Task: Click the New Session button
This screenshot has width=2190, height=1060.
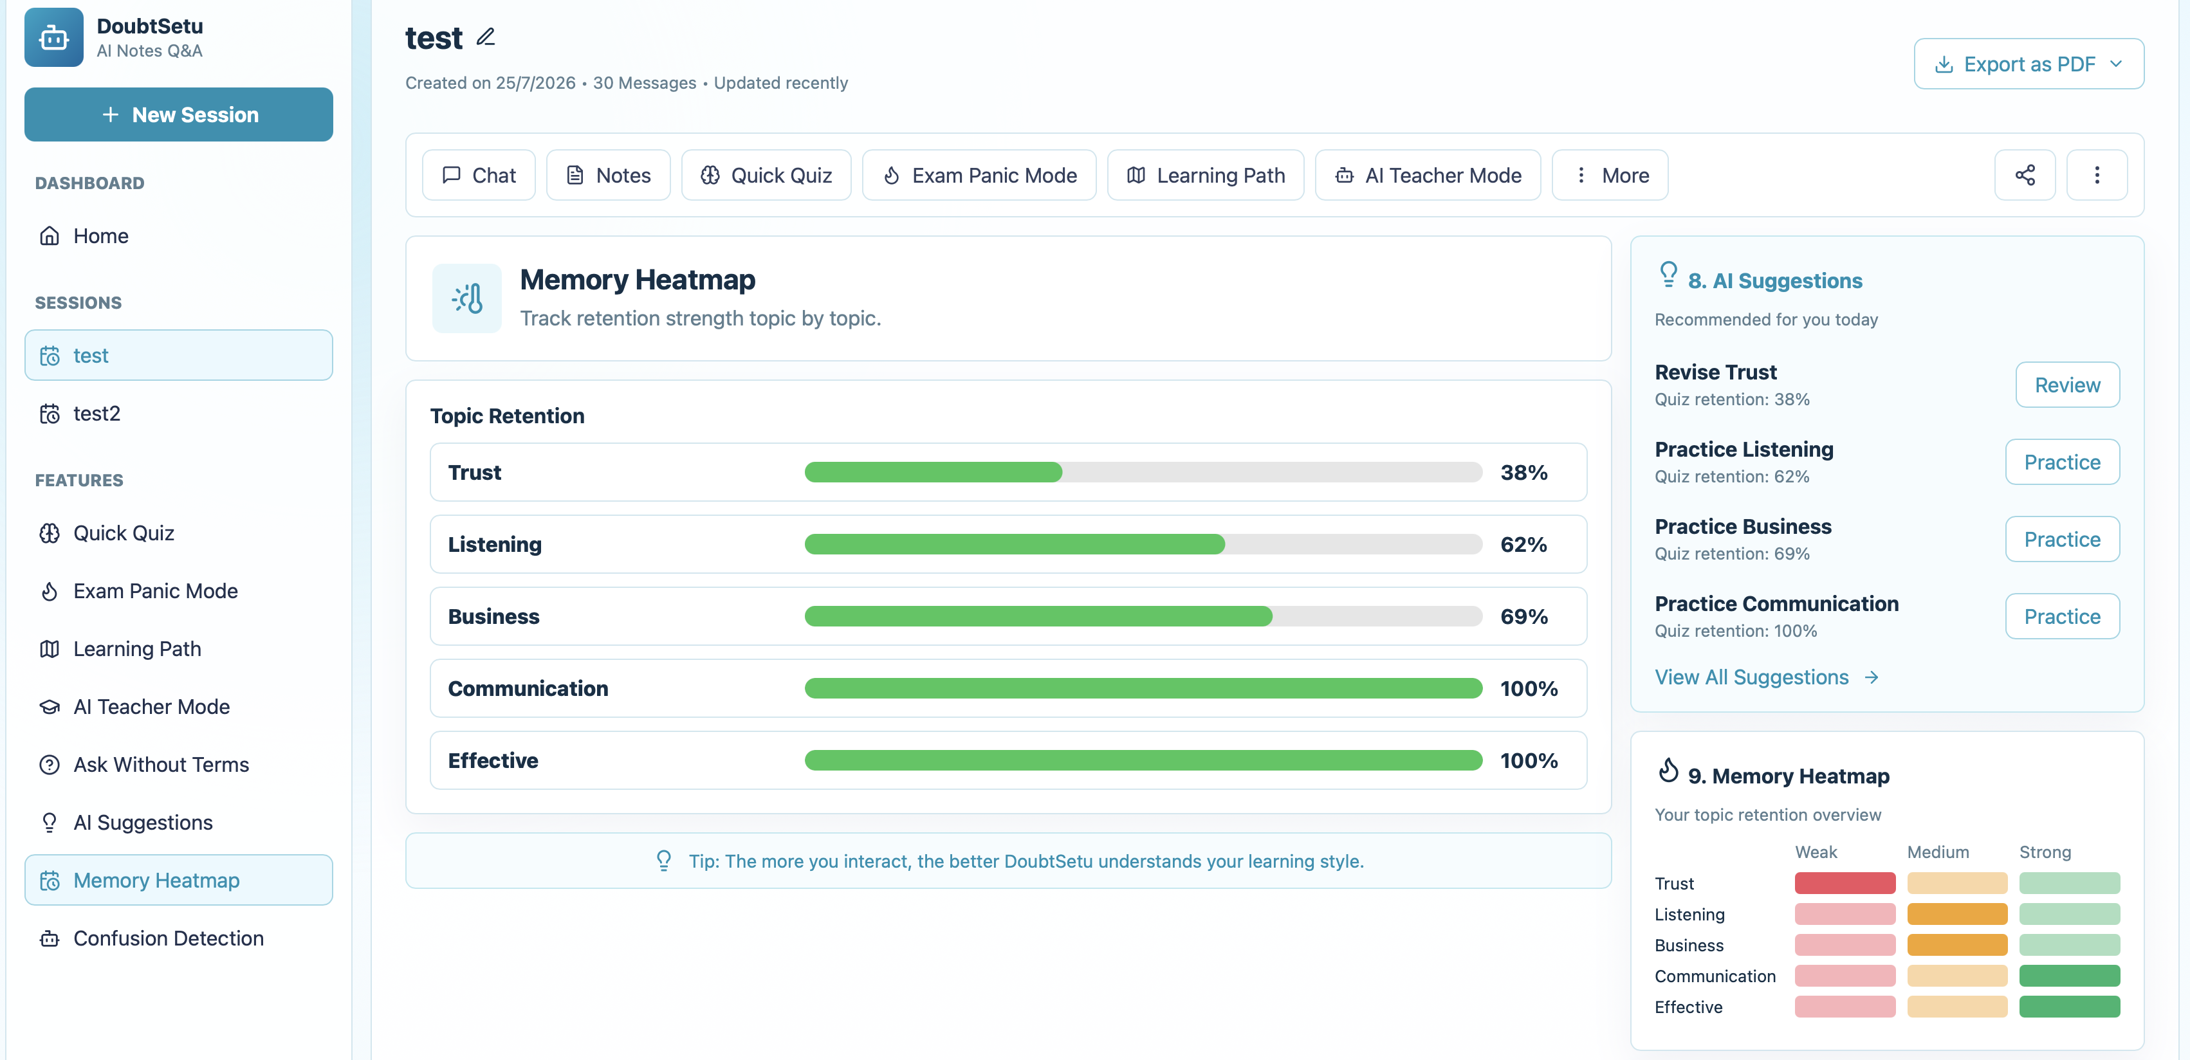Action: [179, 114]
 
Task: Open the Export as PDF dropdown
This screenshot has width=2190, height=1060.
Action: [2029, 64]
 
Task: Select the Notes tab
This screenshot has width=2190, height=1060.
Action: [608, 175]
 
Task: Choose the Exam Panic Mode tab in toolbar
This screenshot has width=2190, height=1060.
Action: [979, 175]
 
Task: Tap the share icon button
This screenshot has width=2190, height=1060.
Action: [2025, 175]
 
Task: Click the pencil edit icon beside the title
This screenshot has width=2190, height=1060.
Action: [486, 37]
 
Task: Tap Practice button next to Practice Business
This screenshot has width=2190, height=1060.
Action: [2063, 539]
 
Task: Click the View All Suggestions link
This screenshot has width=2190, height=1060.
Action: [1767, 677]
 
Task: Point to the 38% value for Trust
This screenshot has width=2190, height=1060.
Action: [1523, 473]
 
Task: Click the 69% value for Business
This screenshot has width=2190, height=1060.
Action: [1523, 616]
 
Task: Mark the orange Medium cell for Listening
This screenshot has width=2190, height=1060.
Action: [1957, 914]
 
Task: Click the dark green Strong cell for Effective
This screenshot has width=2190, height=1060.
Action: [2069, 1007]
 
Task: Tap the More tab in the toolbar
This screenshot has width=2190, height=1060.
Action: [1610, 175]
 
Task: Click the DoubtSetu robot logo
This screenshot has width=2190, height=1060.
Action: [53, 37]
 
